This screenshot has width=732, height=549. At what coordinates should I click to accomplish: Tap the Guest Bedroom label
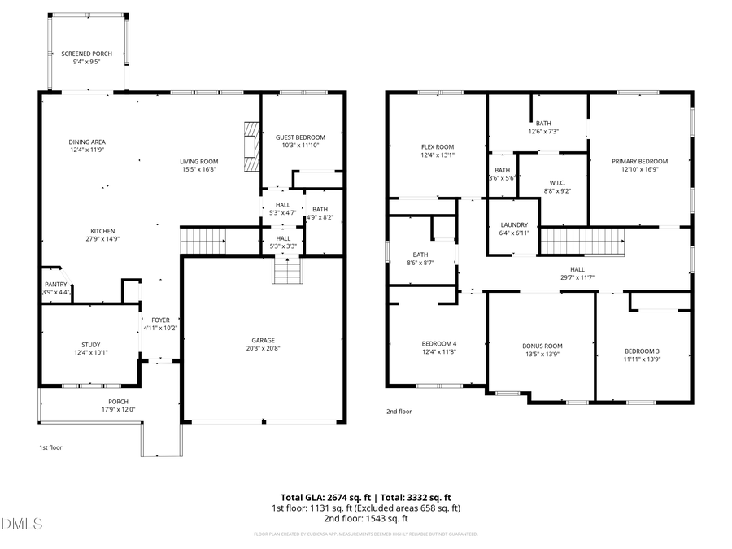click(x=303, y=137)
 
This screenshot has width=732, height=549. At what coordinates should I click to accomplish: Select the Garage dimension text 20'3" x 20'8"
click(x=263, y=348)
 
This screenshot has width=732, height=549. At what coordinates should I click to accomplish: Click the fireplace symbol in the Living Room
click(x=251, y=146)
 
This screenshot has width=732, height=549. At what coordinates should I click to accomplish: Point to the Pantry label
click(x=56, y=284)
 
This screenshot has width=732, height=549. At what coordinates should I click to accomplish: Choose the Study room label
click(x=90, y=345)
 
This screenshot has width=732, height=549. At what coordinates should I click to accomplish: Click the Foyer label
click(x=160, y=320)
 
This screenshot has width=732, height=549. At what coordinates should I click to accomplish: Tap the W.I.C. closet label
click(x=557, y=182)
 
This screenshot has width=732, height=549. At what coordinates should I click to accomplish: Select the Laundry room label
click(x=514, y=225)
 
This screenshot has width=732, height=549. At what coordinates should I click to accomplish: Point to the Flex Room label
click(x=437, y=146)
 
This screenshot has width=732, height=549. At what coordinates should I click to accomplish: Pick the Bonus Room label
click(x=542, y=346)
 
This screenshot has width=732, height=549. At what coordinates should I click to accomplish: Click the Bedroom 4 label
click(x=438, y=343)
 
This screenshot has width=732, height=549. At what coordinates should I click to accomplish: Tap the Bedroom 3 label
click(x=642, y=351)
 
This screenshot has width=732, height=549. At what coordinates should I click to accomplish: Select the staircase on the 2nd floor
click(x=582, y=242)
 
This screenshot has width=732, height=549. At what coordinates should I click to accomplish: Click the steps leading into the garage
click(x=286, y=270)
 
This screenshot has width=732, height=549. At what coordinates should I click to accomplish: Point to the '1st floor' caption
click(x=50, y=447)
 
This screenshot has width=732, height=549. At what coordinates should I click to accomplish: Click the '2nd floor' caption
click(x=399, y=412)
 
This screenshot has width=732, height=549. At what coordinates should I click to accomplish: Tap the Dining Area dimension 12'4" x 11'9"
click(x=87, y=150)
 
